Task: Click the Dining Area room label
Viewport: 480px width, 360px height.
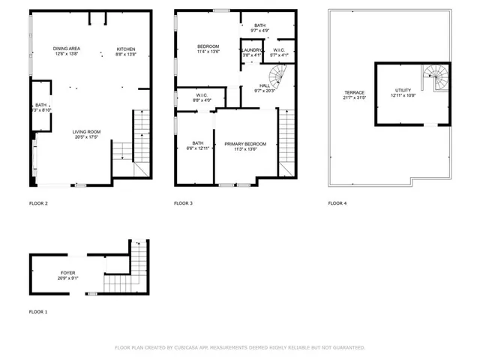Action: [67, 49]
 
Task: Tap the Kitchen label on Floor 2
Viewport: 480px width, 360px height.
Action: [125, 49]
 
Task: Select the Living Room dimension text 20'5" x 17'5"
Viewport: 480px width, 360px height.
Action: [87, 132]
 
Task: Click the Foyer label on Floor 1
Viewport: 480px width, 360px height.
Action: [67, 274]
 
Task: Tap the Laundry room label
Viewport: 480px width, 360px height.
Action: [251, 50]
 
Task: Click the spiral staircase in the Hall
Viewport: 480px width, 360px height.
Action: [280, 75]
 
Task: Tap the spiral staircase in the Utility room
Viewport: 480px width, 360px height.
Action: [434, 74]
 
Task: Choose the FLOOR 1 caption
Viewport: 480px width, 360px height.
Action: [38, 311]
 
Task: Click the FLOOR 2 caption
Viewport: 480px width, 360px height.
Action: [38, 203]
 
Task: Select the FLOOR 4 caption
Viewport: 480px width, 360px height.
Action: [337, 203]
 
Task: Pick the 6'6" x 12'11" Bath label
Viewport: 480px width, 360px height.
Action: [197, 145]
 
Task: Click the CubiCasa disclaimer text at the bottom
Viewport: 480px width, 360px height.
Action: [240, 347]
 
